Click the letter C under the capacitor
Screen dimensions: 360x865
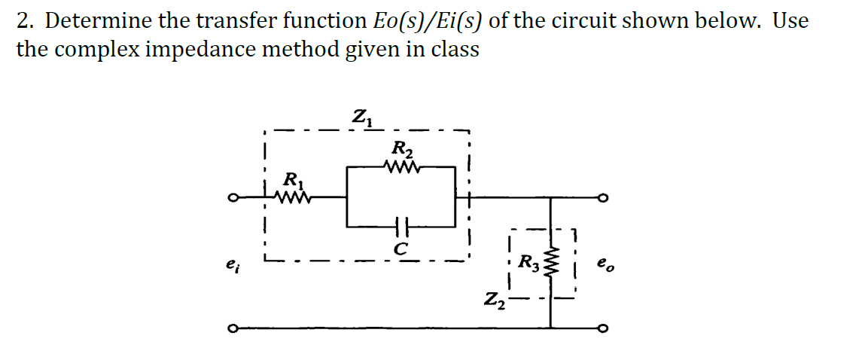pos(401,246)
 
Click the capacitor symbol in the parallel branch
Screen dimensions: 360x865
pos(400,225)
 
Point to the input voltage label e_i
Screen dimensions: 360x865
pos(230,265)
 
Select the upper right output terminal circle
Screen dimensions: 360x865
pos(602,199)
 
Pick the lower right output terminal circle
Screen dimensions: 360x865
pos(602,328)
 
